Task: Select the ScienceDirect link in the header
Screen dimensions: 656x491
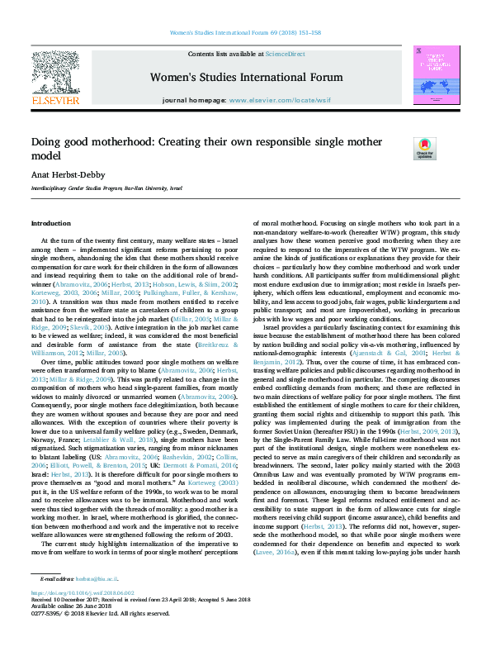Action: click(x=285, y=53)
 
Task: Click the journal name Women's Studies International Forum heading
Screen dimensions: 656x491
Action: click(x=246, y=78)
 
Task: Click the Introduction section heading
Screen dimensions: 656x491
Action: click(x=51, y=224)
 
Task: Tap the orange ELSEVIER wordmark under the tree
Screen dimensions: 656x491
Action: click(x=54, y=100)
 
